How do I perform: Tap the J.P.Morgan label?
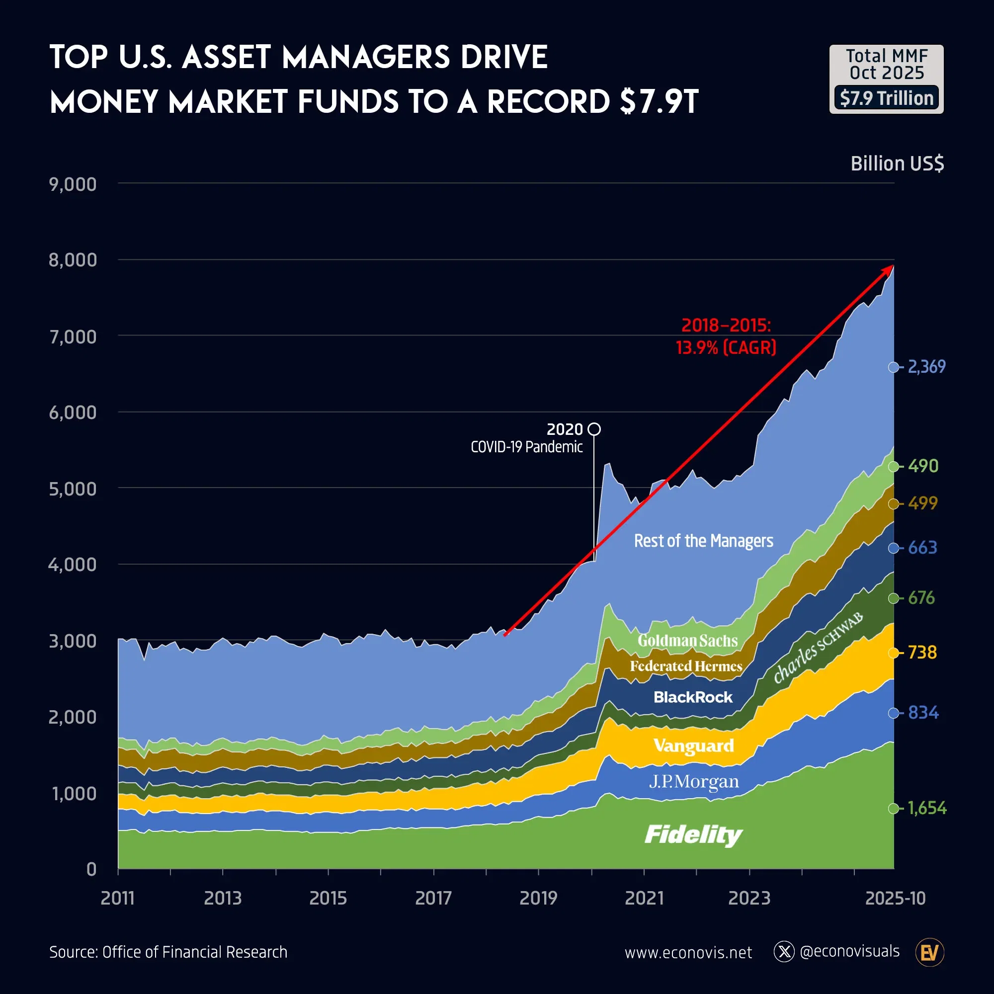pyautogui.click(x=693, y=781)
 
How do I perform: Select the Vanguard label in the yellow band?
pyautogui.click(x=693, y=745)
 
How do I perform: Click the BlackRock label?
pyautogui.click(x=692, y=697)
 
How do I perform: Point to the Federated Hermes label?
pyautogui.click(x=686, y=666)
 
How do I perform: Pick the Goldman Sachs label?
pyautogui.click(x=687, y=641)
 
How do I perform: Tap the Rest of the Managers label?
pyautogui.click(x=703, y=541)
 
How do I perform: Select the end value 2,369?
pyautogui.click(x=926, y=367)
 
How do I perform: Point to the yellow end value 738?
pyautogui.click(x=922, y=653)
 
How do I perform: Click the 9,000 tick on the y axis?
pyautogui.click(x=73, y=184)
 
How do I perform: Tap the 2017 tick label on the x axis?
pyautogui.click(x=433, y=898)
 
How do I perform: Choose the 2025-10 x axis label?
pyautogui.click(x=895, y=898)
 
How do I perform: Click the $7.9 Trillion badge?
pyautogui.click(x=886, y=98)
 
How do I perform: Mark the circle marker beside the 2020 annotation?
pyautogui.click(x=594, y=429)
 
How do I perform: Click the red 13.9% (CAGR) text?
pyautogui.click(x=726, y=348)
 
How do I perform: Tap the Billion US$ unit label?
pyautogui.click(x=897, y=164)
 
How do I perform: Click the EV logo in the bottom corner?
pyautogui.click(x=930, y=953)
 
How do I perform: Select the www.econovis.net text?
pyautogui.click(x=688, y=953)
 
